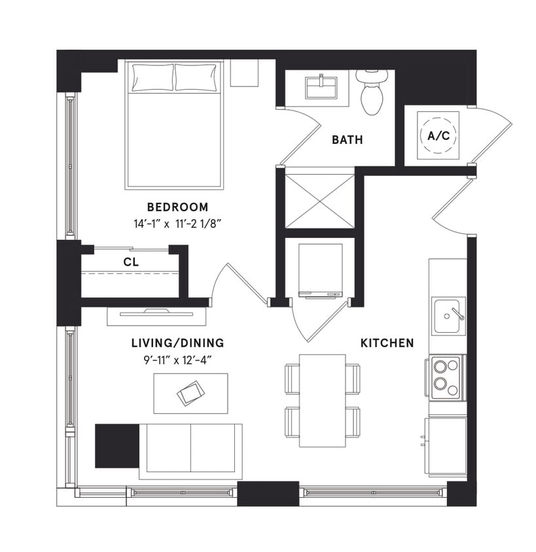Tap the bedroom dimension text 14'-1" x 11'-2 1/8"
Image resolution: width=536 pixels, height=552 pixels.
pyautogui.click(x=177, y=223)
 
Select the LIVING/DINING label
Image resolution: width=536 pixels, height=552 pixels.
pyautogui.click(x=177, y=343)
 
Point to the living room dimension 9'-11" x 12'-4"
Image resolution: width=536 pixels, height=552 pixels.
pyautogui.click(x=177, y=358)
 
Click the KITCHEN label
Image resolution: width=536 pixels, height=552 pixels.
pyautogui.click(x=387, y=343)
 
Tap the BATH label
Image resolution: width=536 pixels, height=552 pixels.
pyautogui.click(x=347, y=139)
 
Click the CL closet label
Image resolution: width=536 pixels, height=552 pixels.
pyautogui.click(x=130, y=262)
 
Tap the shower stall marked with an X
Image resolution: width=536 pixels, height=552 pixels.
pyautogui.click(x=320, y=198)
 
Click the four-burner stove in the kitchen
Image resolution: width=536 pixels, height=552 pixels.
pyautogui.click(x=447, y=377)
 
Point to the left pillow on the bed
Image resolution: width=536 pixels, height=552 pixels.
pyautogui.click(x=152, y=78)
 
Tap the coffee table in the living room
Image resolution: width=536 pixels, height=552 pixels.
pyautogui.click(x=190, y=393)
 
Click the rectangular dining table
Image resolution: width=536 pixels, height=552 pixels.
pyautogui.click(x=322, y=400)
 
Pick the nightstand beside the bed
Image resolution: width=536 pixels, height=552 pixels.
pyautogui.click(x=244, y=73)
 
